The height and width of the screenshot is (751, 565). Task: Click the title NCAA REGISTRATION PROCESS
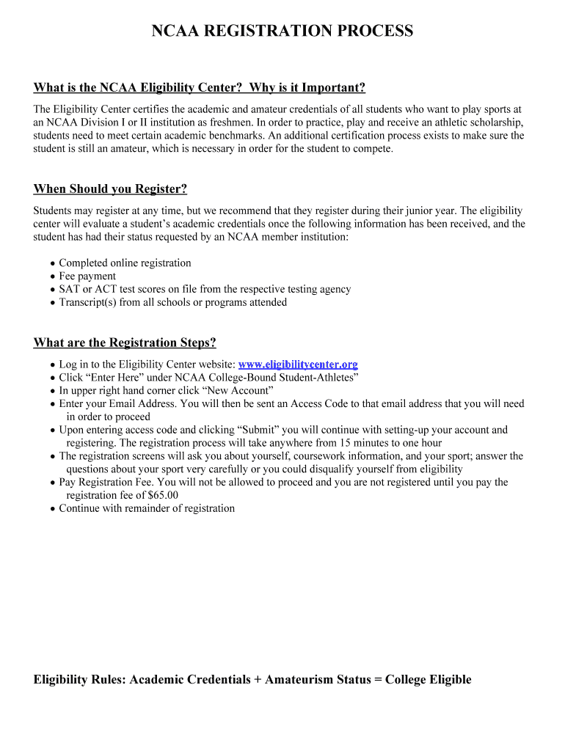282,31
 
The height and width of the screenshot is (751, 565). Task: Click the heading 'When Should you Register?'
110,189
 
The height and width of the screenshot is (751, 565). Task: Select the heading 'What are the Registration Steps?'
125,343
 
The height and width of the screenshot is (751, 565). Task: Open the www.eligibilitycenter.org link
298,364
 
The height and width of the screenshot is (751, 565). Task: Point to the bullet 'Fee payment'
87,276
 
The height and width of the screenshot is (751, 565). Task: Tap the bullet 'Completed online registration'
125,263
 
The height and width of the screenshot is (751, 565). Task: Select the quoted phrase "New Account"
239,391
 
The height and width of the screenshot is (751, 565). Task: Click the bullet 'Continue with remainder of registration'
147,508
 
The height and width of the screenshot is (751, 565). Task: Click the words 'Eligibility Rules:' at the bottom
80,680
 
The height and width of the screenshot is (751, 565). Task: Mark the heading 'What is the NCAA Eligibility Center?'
138,88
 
